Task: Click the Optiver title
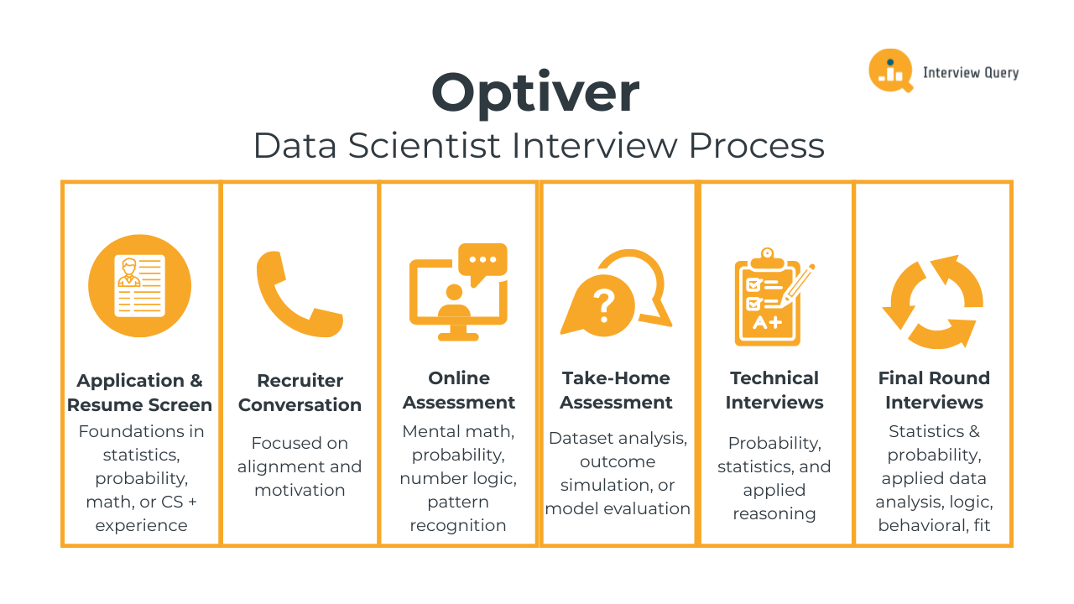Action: pos(535,93)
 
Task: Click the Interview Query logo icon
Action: pos(891,70)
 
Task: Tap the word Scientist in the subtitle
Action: pos(425,145)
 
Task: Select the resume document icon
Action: pos(139,286)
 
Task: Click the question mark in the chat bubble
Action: pos(604,306)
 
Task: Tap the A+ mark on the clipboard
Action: pos(767,323)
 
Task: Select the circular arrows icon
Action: pos(933,302)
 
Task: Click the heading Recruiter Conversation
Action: pos(300,393)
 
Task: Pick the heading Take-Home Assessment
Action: pos(616,390)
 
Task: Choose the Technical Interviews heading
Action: pos(774,390)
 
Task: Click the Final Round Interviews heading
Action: pos(934,390)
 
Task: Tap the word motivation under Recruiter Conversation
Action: pos(300,490)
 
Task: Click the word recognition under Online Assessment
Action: pos(458,526)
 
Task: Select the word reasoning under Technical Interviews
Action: pos(774,514)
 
